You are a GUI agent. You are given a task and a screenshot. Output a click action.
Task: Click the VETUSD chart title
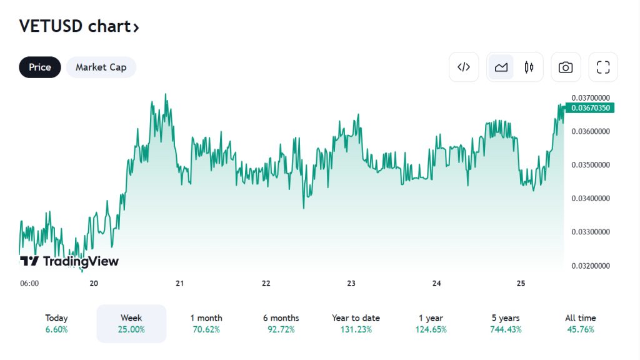coord(79,26)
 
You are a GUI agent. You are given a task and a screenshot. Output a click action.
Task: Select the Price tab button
coord(40,67)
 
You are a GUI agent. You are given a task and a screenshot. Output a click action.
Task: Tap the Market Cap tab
coord(101,67)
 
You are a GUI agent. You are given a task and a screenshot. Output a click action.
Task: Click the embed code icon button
coord(464,67)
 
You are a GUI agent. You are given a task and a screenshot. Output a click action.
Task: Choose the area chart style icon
coord(501,67)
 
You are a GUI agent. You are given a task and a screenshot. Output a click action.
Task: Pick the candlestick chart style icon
coord(529,67)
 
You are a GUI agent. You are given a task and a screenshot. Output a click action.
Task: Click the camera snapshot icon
coord(566,67)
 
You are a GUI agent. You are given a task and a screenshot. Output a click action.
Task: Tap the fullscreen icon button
coord(603,67)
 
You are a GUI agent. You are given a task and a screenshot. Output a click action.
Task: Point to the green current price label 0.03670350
coord(590,108)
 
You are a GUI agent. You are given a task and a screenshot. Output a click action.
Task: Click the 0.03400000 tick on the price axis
coord(591,199)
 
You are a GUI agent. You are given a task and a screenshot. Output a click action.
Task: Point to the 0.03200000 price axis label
coord(591,266)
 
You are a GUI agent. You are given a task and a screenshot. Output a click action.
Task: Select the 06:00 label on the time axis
coord(29,283)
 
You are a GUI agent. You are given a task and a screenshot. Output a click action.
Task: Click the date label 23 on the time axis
coord(351,283)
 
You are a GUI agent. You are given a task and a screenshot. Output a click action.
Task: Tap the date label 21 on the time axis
coord(180,283)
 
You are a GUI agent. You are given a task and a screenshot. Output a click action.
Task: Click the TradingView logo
coord(69,261)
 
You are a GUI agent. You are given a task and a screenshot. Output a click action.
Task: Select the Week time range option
coord(131,323)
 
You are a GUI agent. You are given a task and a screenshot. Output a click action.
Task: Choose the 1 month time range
coord(206,323)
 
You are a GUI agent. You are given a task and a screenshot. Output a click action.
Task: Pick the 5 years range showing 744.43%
coord(506,323)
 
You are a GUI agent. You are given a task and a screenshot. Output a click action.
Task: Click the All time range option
coord(581,323)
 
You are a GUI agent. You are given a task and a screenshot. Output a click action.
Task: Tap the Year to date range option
coord(356,323)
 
